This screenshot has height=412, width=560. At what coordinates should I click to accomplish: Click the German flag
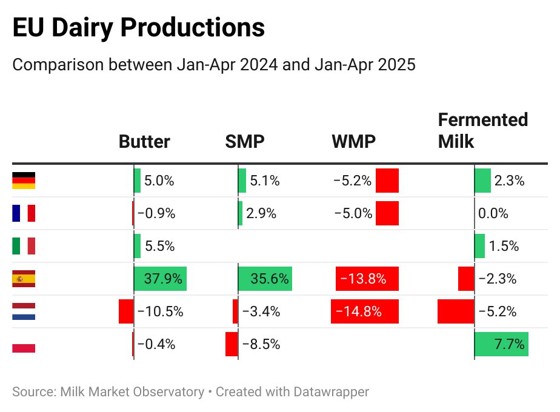[24, 181]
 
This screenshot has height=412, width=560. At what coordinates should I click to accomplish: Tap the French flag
[24, 213]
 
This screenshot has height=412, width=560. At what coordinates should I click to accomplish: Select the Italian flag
[24, 246]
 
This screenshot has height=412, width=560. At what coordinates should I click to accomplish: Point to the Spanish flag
[24, 279]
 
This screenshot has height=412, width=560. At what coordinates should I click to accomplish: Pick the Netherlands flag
[24, 311]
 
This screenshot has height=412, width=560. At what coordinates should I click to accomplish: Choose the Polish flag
[24, 344]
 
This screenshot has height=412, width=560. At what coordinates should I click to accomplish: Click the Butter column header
[144, 142]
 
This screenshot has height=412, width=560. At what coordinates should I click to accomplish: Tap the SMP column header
[245, 142]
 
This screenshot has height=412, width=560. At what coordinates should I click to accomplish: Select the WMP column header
[353, 142]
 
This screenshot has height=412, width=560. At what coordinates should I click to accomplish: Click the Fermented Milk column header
[482, 130]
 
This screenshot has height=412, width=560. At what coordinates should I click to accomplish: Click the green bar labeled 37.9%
[160, 279]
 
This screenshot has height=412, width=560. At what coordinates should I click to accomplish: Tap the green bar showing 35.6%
[265, 279]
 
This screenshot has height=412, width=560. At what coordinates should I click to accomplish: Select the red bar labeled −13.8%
[367, 279]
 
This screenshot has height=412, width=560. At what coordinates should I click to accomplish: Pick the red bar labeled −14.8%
[364, 311]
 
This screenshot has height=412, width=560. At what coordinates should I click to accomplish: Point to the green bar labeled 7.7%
[501, 344]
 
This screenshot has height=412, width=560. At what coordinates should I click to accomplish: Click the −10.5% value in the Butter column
[160, 311]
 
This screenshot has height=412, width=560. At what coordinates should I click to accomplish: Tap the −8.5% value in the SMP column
[261, 344]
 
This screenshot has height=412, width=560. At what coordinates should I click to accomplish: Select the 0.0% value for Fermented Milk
[493, 213]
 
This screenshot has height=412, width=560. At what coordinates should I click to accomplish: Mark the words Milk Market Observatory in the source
[132, 392]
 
